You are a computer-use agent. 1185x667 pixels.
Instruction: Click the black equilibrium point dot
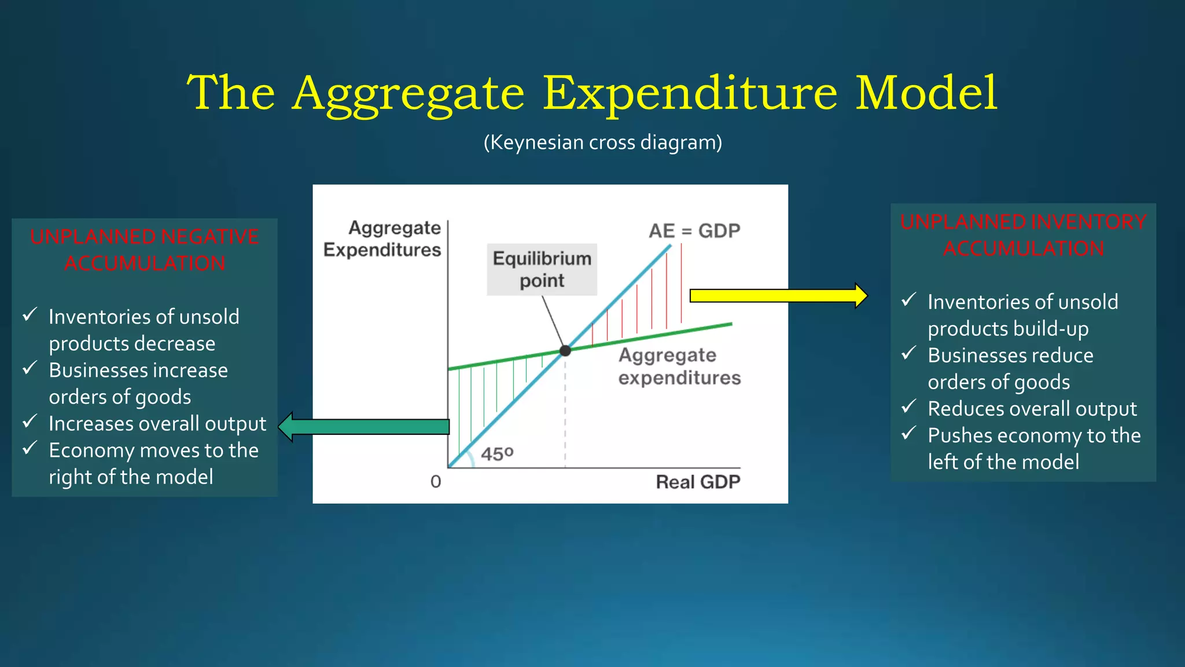(x=565, y=350)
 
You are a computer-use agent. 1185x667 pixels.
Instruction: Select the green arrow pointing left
(x=365, y=427)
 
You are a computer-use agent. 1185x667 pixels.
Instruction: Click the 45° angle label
(x=497, y=453)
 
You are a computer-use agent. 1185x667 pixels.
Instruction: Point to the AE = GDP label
(x=694, y=231)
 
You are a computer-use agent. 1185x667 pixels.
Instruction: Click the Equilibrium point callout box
(x=542, y=269)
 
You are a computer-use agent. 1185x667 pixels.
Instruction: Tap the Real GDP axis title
(x=698, y=482)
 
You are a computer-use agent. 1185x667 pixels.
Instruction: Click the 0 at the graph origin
(x=436, y=482)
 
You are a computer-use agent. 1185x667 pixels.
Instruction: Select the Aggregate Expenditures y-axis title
(x=382, y=239)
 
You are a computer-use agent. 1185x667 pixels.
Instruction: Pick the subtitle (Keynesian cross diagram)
(x=603, y=142)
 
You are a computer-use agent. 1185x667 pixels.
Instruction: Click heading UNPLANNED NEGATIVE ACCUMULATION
(x=145, y=250)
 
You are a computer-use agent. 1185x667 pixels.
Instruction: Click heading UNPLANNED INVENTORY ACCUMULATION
(x=1023, y=235)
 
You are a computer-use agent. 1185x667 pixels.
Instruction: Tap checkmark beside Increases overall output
(x=30, y=422)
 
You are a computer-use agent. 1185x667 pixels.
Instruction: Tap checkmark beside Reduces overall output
(x=909, y=406)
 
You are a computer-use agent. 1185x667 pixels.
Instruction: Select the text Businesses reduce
(x=1010, y=355)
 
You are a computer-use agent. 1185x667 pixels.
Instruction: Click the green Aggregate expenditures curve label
(x=679, y=366)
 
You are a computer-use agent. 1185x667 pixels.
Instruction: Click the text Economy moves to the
(x=153, y=450)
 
